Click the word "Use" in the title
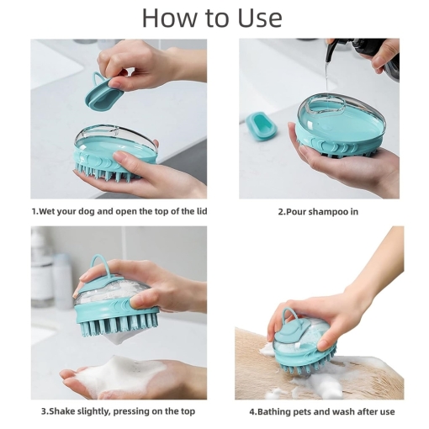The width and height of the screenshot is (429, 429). pos(260,18)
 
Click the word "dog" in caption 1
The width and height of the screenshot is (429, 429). pos(87,211)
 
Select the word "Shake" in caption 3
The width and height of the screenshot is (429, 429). pos(62,411)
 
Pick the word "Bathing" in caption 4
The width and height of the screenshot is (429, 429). pos(273,411)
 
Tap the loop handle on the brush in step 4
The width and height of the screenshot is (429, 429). pos(289,317)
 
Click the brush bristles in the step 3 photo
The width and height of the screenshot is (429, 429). pos(119,325)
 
